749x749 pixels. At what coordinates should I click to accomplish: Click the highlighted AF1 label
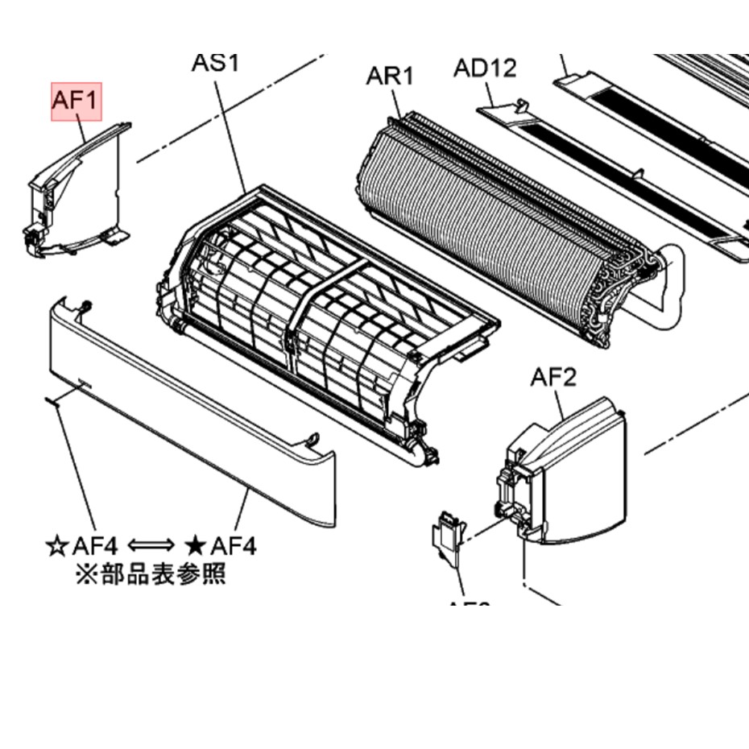click(x=77, y=101)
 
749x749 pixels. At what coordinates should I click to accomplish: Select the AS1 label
click(x=215, y=62)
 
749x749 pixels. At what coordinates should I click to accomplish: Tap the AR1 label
click(x=390, y=76)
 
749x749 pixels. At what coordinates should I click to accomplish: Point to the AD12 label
click(x=484, y=68)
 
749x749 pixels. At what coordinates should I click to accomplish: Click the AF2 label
click(x=553, y=377)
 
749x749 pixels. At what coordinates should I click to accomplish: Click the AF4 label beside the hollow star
click(x=95, y=546)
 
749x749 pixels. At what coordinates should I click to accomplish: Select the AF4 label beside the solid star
click(x=233, y=546)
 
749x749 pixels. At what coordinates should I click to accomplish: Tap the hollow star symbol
click(x=57, y=546)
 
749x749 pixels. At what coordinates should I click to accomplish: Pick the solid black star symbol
click(x=195, y=546)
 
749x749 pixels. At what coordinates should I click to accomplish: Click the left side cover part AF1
click(x=77, y=193)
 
